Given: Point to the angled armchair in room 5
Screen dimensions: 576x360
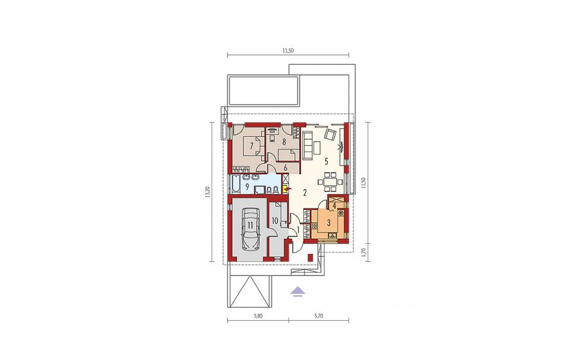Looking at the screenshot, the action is [x=330, y=134].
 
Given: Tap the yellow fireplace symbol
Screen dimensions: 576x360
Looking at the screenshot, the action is [x=285, y=190].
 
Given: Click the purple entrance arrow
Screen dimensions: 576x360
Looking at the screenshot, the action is [x=298, y=291].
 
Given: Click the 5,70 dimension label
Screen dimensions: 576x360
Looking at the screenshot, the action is [x=318, y=315].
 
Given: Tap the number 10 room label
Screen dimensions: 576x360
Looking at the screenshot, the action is [x=275, y=221].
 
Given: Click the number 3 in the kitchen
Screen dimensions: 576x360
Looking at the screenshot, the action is [x=329, y=222].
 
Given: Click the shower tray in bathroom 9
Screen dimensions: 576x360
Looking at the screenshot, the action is [x=259, y=190].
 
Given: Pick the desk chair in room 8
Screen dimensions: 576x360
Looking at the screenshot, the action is [x=272, y=139].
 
